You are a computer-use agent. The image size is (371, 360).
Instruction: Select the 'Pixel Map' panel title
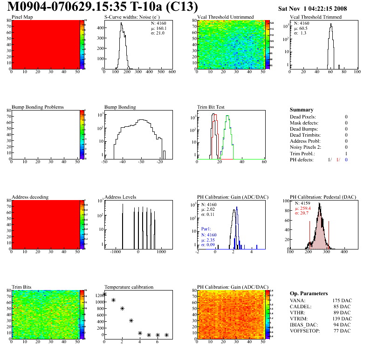(22, 17)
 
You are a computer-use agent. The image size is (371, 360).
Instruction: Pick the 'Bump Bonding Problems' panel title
(37, 107)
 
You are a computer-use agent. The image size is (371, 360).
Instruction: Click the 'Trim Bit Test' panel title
(210, 107)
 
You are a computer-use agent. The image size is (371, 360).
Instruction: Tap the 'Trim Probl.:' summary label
(302, 153)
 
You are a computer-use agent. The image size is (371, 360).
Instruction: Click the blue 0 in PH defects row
(346, 159)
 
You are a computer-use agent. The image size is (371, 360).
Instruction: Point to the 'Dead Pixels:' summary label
(302, 117)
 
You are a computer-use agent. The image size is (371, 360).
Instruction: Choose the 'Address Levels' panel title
(120, 197)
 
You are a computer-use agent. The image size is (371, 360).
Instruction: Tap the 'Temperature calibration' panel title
(129, 287)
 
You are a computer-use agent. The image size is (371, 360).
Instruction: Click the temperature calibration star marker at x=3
(131, 320)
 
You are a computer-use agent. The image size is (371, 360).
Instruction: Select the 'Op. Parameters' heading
(309, 293)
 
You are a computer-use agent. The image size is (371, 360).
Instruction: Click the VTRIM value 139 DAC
(342, 318)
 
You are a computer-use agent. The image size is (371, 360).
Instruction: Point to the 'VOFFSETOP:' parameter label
(304, 331)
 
